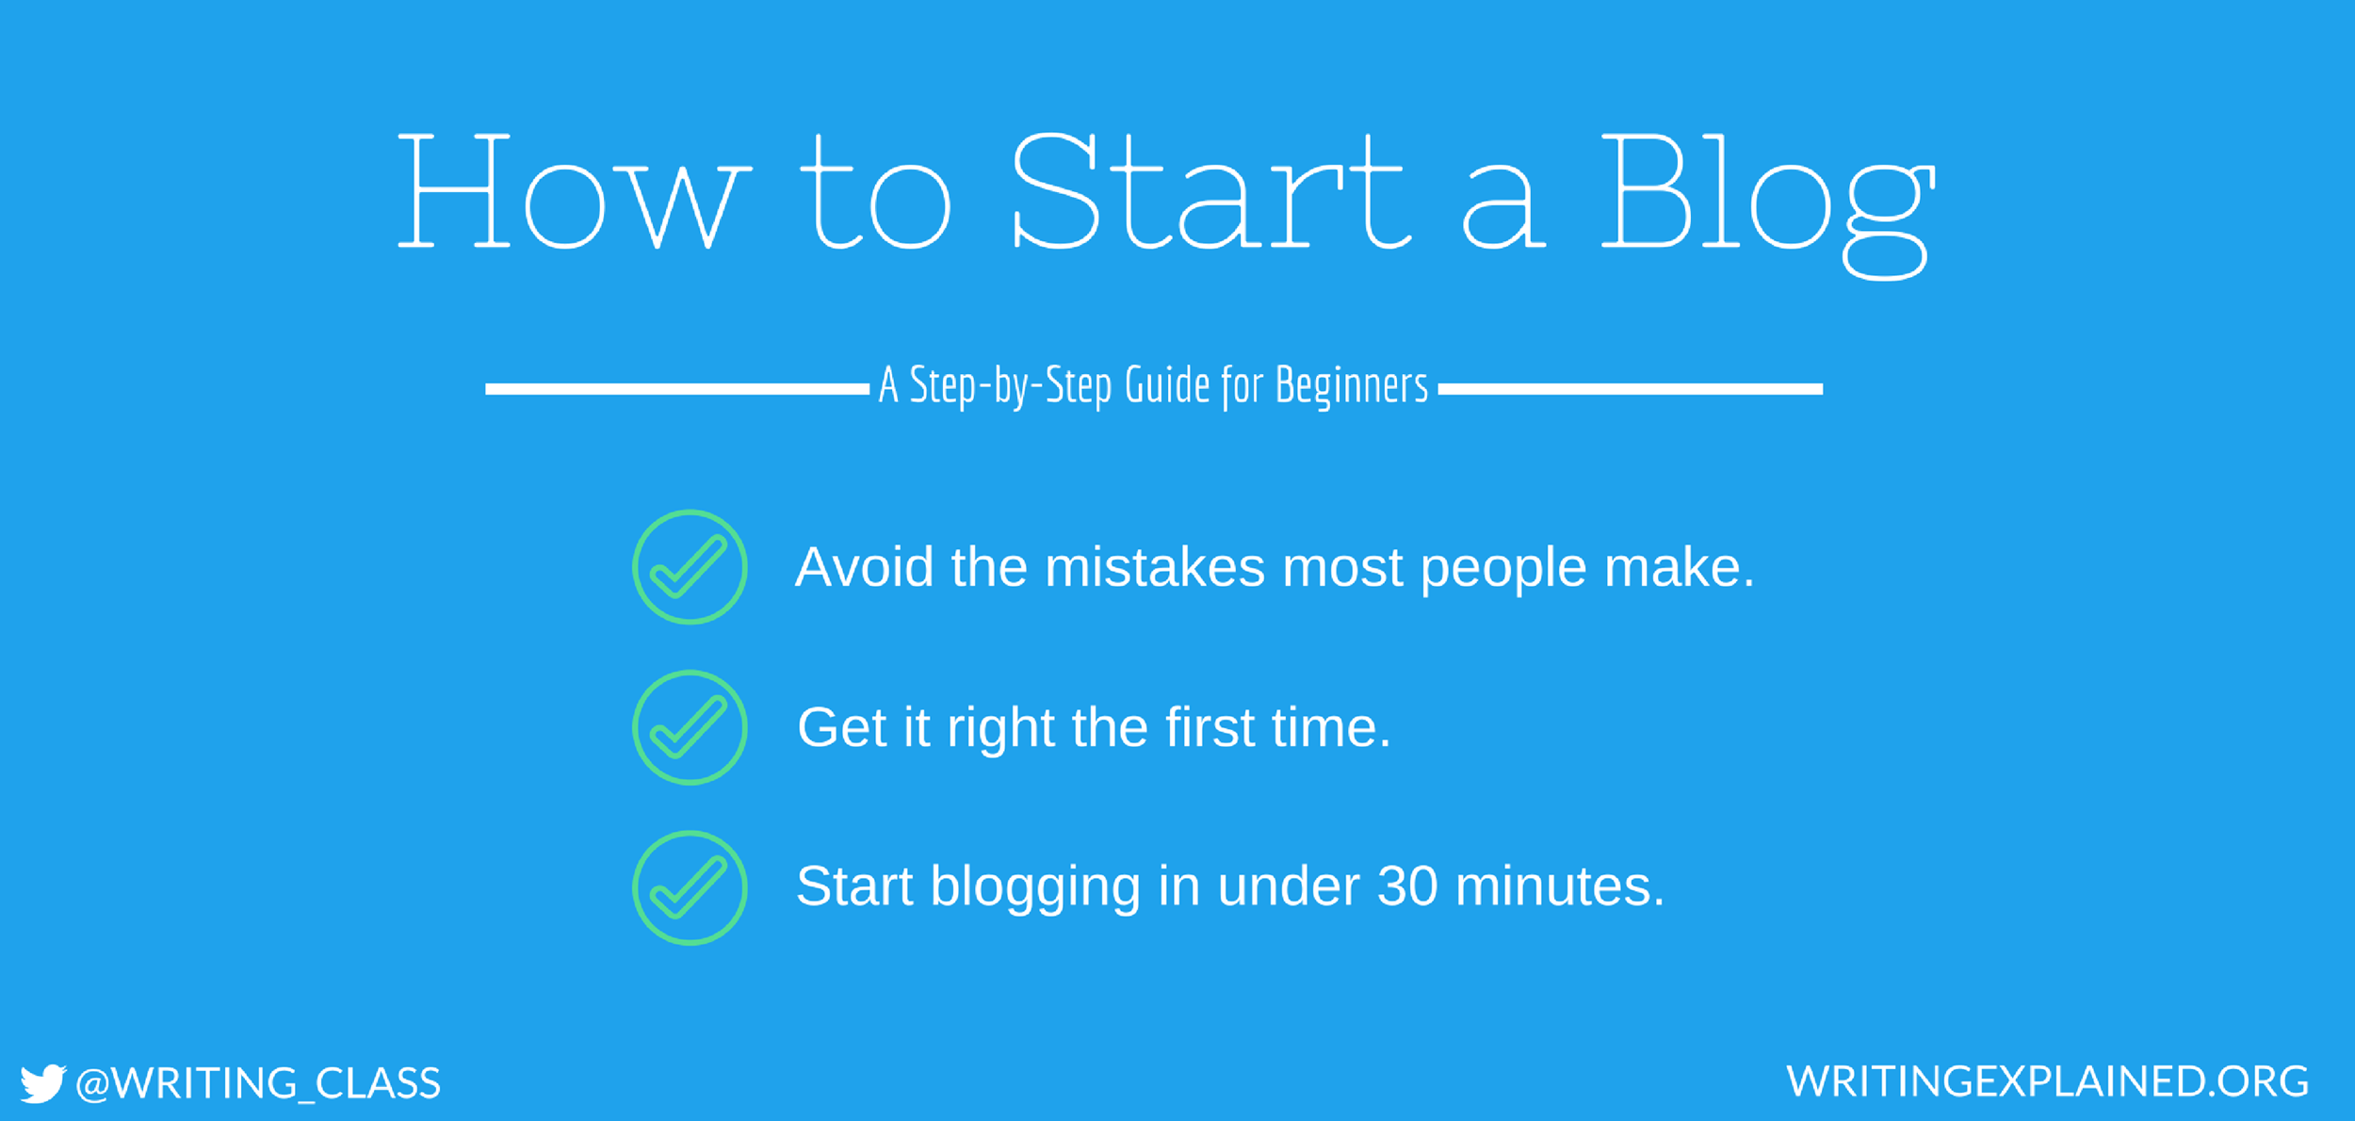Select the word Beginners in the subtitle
click(1352, 386)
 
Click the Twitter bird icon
click(43, 1083)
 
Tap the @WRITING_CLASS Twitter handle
click(258, 1084)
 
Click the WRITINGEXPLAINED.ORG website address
click(2048, 1081)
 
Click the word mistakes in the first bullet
click(1155, 567)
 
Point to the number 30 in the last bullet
click(1407, 886)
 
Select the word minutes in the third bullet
click(1560, 886)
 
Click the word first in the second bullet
click(1210, 727)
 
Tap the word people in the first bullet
click(1503, 571)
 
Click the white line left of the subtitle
click(677, 389)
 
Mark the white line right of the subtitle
click(1631, 389)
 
